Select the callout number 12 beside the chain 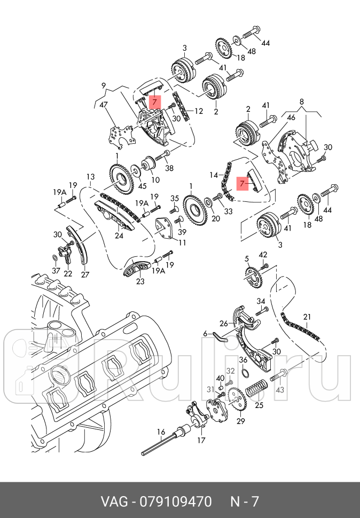click(x=198, y=112)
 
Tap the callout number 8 click(x=301, y=101)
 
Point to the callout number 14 click(x=214, y=175)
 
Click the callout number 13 click(x=90, y=177)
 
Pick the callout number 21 click(x=307, y=316)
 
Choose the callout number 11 click(x=182, y=242)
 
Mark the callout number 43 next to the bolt click(x=294, y=389)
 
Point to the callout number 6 click(x=205, y=333)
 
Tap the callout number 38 click(x=170, y=168)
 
